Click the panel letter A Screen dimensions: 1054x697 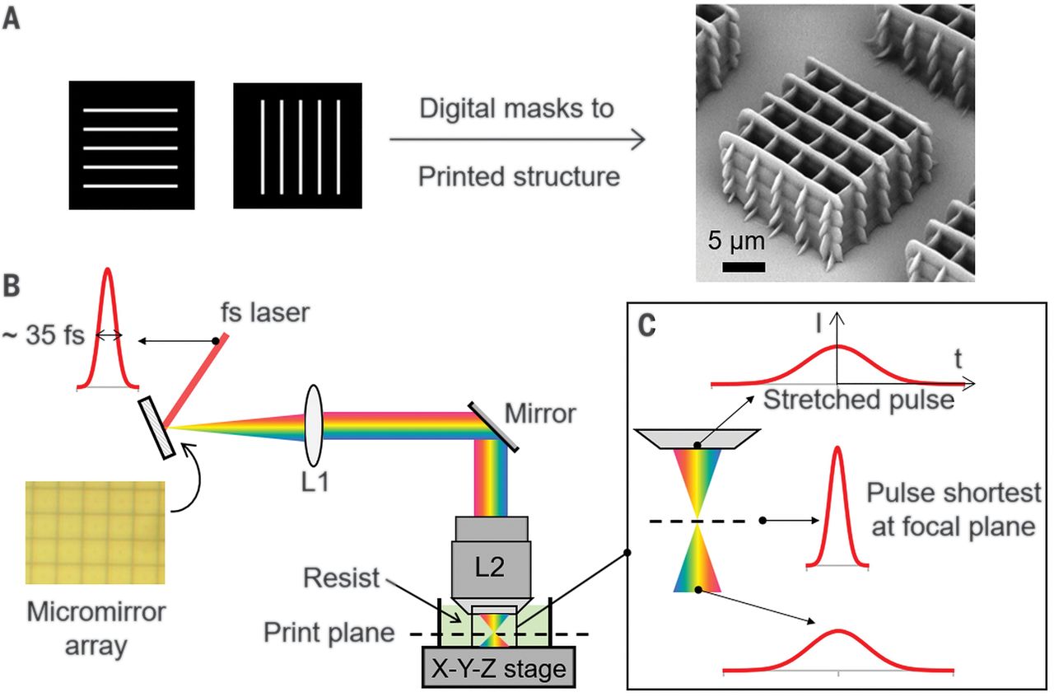coord(12,20)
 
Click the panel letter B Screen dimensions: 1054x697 coord(12,285)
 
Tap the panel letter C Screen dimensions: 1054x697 coord(646,325)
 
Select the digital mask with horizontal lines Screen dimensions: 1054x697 coord(132,145)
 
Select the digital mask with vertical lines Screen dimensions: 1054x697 coord(298,146)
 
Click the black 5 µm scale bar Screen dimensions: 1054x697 coord(744,267)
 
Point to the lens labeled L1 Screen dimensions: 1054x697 coord(314,425)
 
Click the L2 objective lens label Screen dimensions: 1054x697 coord(490,567)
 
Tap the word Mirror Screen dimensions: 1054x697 coord(540,414)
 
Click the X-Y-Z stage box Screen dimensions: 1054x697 coord(499,667)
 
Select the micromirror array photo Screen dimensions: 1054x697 coord(95,533)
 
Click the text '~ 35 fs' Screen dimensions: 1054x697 coord(44,335)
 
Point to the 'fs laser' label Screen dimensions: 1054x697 coord(265,312)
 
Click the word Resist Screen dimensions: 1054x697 coord(341,578)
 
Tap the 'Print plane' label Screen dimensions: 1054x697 coord(329,633)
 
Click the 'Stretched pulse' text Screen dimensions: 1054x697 coord(859,400)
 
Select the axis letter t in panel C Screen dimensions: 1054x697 coord(958,359)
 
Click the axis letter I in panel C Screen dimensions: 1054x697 coord(819,324)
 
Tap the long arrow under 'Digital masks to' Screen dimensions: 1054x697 coord(517,139)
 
